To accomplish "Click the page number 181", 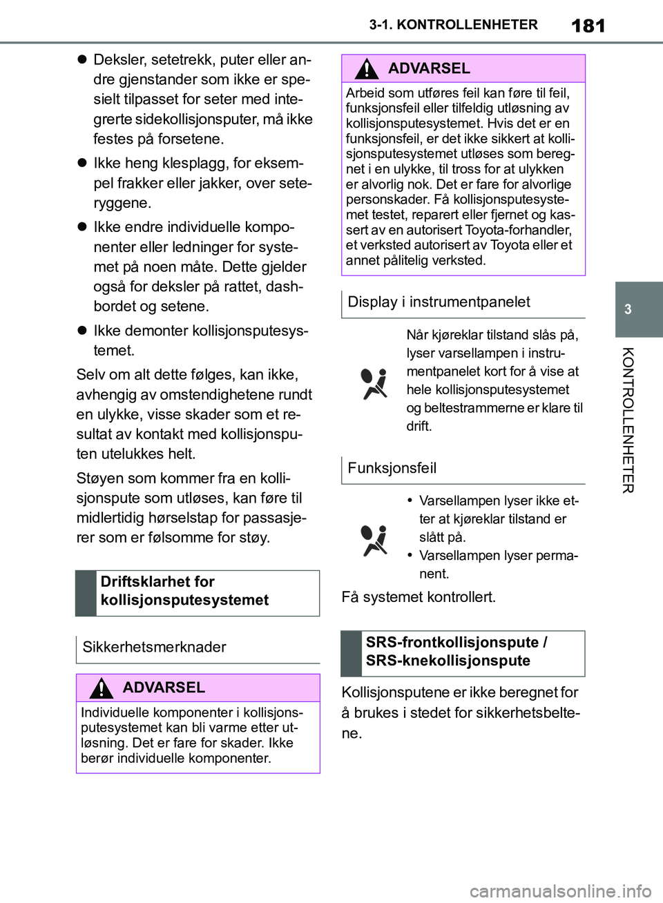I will [588, 26].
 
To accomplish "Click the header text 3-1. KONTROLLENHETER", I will [453, 25].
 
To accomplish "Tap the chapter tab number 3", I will [628, 309].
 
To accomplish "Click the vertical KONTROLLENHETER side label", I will [627, 420].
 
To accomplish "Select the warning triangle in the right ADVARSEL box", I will [367, 69].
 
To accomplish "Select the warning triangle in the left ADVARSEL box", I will [101, 688].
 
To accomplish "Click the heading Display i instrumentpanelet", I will [439, 302].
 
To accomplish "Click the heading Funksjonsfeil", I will [392, 468].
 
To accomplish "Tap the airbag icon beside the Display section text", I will [374, 383].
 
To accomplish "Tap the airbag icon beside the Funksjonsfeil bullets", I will [374, 540].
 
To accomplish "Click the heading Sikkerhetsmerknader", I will [154, 647].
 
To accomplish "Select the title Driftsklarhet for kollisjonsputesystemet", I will [184, 591].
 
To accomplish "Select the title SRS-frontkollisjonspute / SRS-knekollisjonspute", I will [456, 651].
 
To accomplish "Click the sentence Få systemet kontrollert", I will [419, 596].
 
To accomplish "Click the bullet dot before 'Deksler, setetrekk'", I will [81, 60].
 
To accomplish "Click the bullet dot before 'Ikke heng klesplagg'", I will [81, 164].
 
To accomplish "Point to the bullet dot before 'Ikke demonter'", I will [81, 331].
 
